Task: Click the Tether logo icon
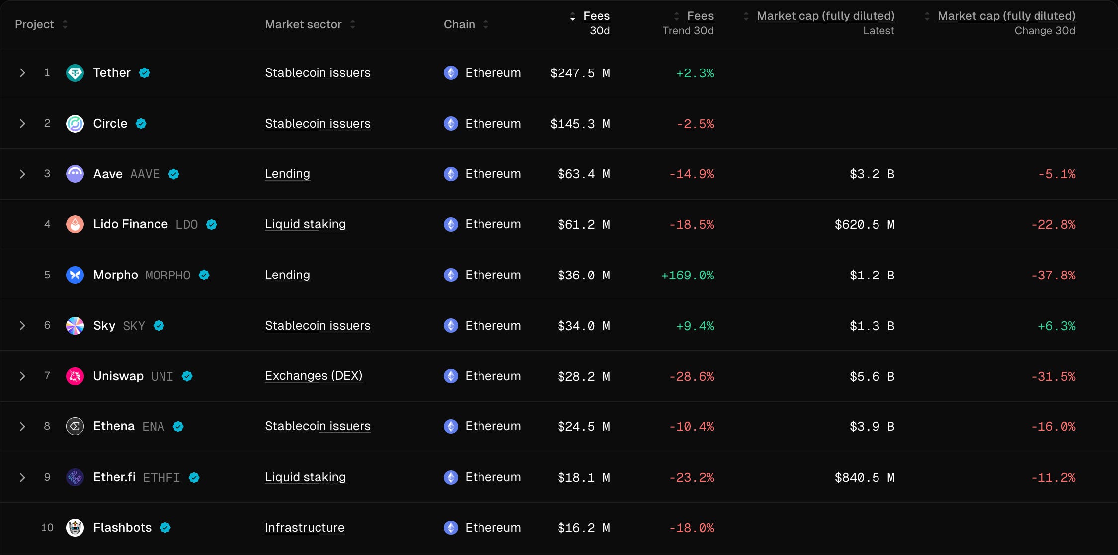[x=75, y=73]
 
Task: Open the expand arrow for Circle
[x=22, y=124]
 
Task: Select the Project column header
[x=34, y=24]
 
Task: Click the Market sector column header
[x=303, y=24]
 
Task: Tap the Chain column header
[x=459, y=24]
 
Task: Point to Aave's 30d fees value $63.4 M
[x=583, y=174]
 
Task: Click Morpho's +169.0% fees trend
[x=687, y=275]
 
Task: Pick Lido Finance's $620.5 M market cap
[x=864, y=225]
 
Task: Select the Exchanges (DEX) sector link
[x=314, y=376]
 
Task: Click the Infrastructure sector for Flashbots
[x=305, y=528]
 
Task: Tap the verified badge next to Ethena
[x=178, y=427]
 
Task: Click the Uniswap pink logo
[x=75, y=376]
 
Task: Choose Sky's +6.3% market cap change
[x=1056, y=326]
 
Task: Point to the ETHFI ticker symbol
[x=161, y=478]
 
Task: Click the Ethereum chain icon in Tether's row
[x=451, y=73]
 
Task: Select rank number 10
[x=47, y=528]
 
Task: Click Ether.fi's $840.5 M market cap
[x=864, y=478]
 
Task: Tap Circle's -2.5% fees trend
[x=695, y=124]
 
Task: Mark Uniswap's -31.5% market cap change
[x=1053, y=377]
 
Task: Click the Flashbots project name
[x=122, y=528]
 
